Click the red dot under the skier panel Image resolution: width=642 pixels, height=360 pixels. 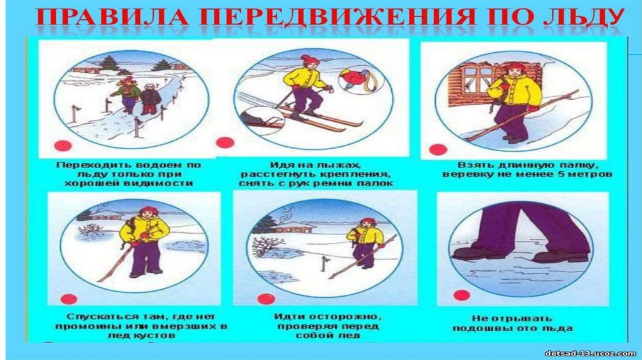pos(225,143)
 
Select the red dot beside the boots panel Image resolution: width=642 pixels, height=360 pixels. pos(461,295)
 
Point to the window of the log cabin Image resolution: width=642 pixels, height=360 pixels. pos(478,78)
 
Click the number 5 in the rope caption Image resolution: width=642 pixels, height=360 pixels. pos(562,174)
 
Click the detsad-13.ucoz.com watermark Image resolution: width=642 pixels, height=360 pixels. pos(591,354)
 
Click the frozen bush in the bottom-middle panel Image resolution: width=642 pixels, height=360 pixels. pos(268,246)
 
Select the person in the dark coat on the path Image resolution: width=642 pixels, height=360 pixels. pos(150,99)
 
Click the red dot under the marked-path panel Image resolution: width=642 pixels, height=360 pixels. pos(63,146)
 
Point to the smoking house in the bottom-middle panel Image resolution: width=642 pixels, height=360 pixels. pos(293,226)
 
